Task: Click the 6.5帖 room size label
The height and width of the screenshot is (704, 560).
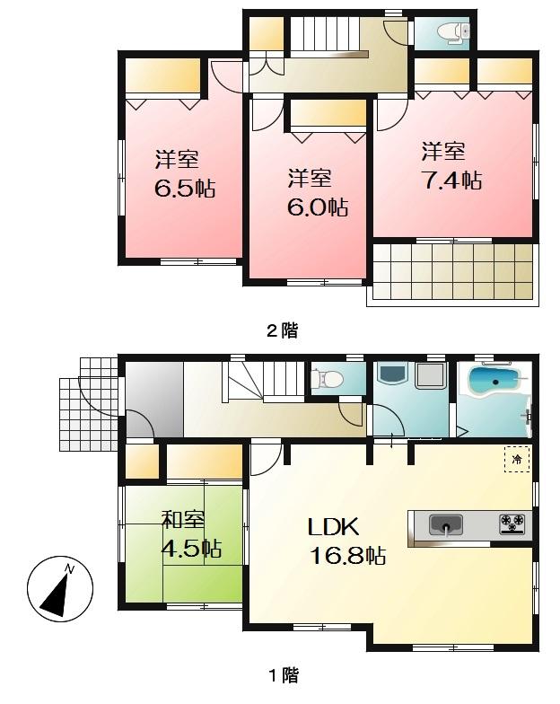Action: click(x=184, y=189)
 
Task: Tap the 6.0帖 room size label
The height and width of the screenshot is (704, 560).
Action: click(x=318, y=207)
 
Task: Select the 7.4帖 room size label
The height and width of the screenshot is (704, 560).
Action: click(x=451, y=180)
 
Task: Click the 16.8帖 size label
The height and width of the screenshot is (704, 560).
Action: click(x=348, y=556)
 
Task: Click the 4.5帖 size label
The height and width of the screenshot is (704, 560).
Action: click(x=191, y=549)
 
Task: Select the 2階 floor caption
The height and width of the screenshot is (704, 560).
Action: click(x=282, y=330)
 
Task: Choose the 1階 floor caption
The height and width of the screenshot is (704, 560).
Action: click(x=282, y=674)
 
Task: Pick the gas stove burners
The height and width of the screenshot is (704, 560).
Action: click(x=512, y=524)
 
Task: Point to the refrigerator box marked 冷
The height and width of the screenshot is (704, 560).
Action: click(x=517, y=460)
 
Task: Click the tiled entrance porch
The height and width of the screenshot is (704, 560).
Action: click(x=88, y=404)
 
